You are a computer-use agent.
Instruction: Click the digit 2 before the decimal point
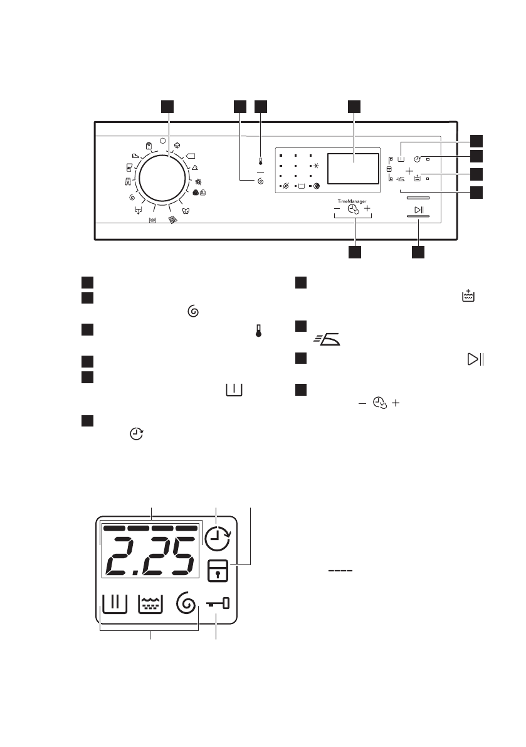tap(120, 558)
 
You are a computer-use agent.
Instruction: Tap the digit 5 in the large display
tap(182, 558)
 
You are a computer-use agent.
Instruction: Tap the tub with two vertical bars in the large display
tap(114, 604)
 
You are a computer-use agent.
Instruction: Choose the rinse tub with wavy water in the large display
tap(150, 604)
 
